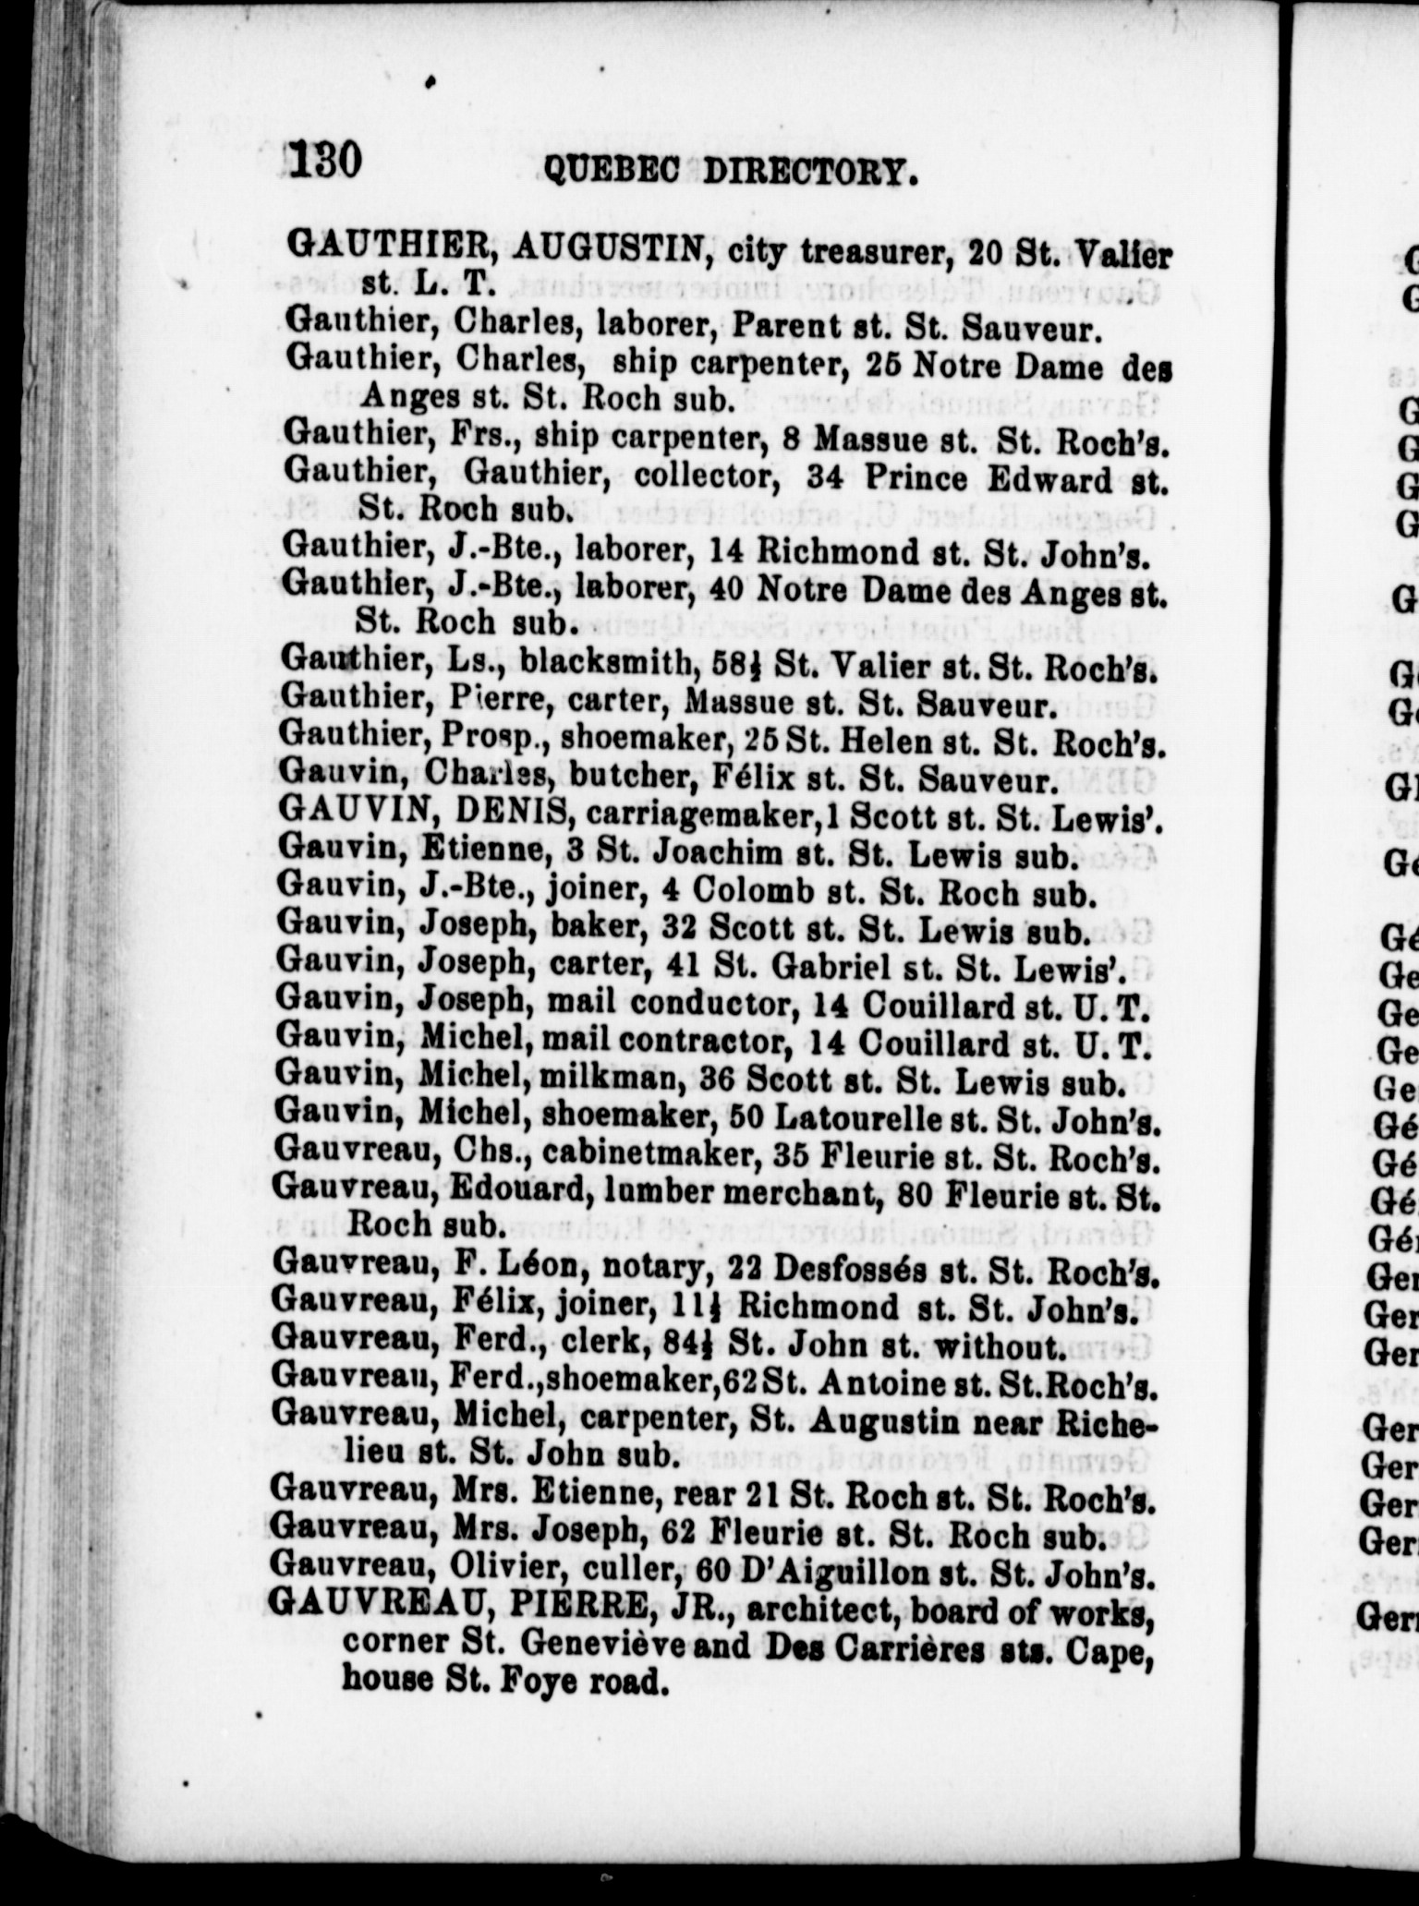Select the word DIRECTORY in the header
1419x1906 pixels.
[811, 173]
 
